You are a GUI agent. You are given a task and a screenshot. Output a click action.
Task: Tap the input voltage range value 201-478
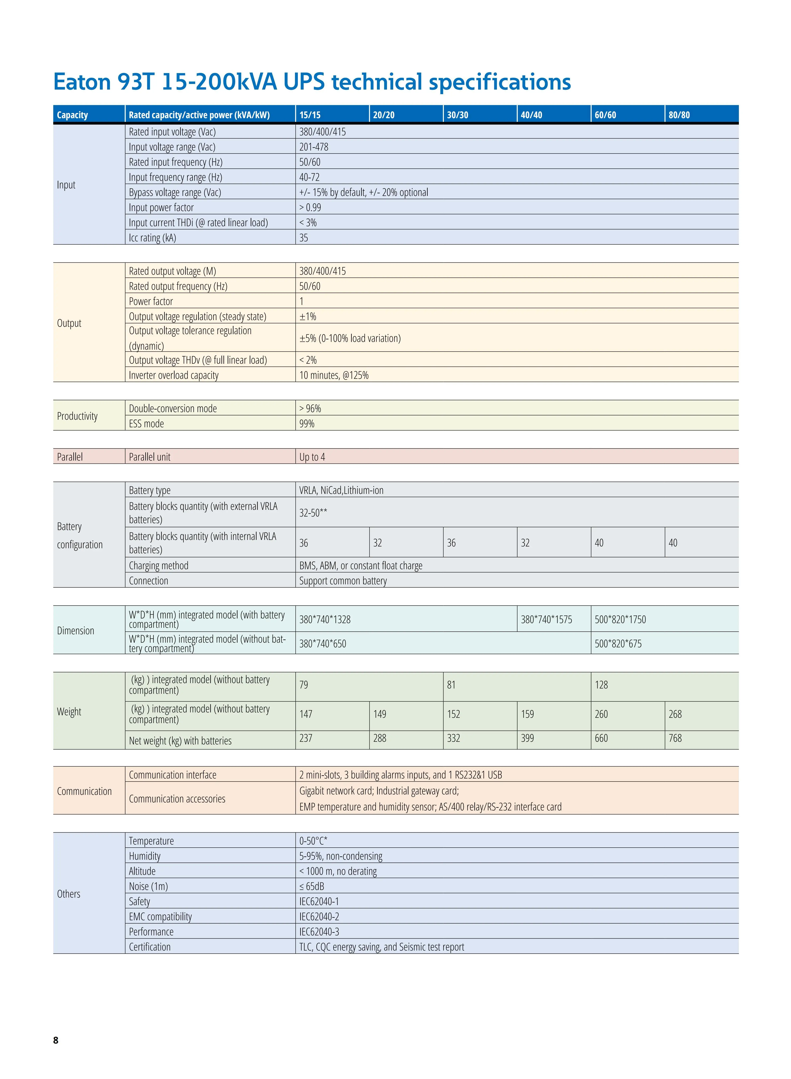(314, 147)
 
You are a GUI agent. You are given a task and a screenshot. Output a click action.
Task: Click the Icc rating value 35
(304, 238)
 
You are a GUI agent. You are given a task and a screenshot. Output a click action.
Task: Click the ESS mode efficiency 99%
(307, 424)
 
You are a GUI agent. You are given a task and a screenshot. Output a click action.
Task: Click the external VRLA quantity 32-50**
(313, 513)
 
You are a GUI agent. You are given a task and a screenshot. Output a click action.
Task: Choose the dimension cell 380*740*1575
(546, 619)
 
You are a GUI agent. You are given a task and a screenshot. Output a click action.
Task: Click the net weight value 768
(675, 738)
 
